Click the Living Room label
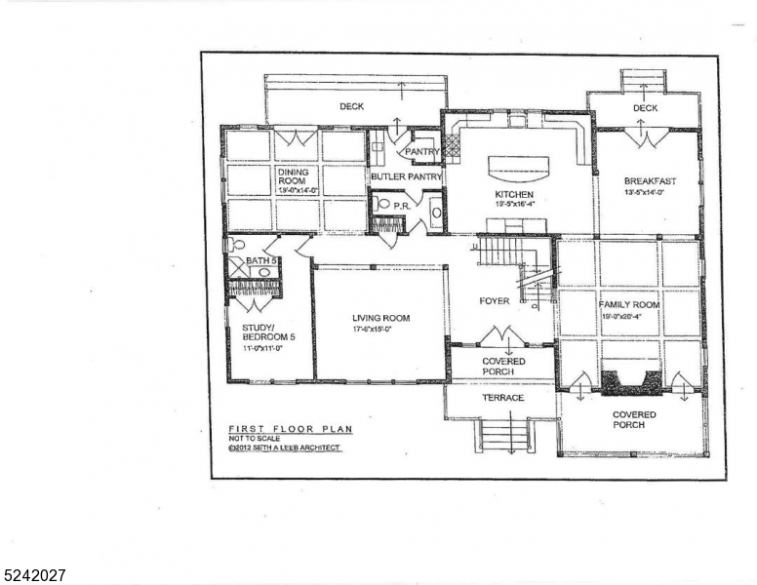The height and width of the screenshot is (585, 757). point(380,318)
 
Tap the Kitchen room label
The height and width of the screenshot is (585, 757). point(514,195)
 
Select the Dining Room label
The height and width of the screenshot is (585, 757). point(294,176)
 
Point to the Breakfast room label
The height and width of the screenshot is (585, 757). point(650,181)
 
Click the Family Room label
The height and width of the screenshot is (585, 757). point(628,305)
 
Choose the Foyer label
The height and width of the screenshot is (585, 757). point(494,301)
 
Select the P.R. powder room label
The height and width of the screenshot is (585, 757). point(401,207)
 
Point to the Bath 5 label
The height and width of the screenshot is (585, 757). point(261,261)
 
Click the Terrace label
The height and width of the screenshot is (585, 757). point(503,398)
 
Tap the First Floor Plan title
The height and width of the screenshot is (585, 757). point(276,429)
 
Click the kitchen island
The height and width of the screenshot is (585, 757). point(518,170)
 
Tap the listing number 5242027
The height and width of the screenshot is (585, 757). point(34,575)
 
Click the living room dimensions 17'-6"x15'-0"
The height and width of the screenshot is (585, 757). point(380,329)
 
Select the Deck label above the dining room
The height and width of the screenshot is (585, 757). point(352,106)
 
